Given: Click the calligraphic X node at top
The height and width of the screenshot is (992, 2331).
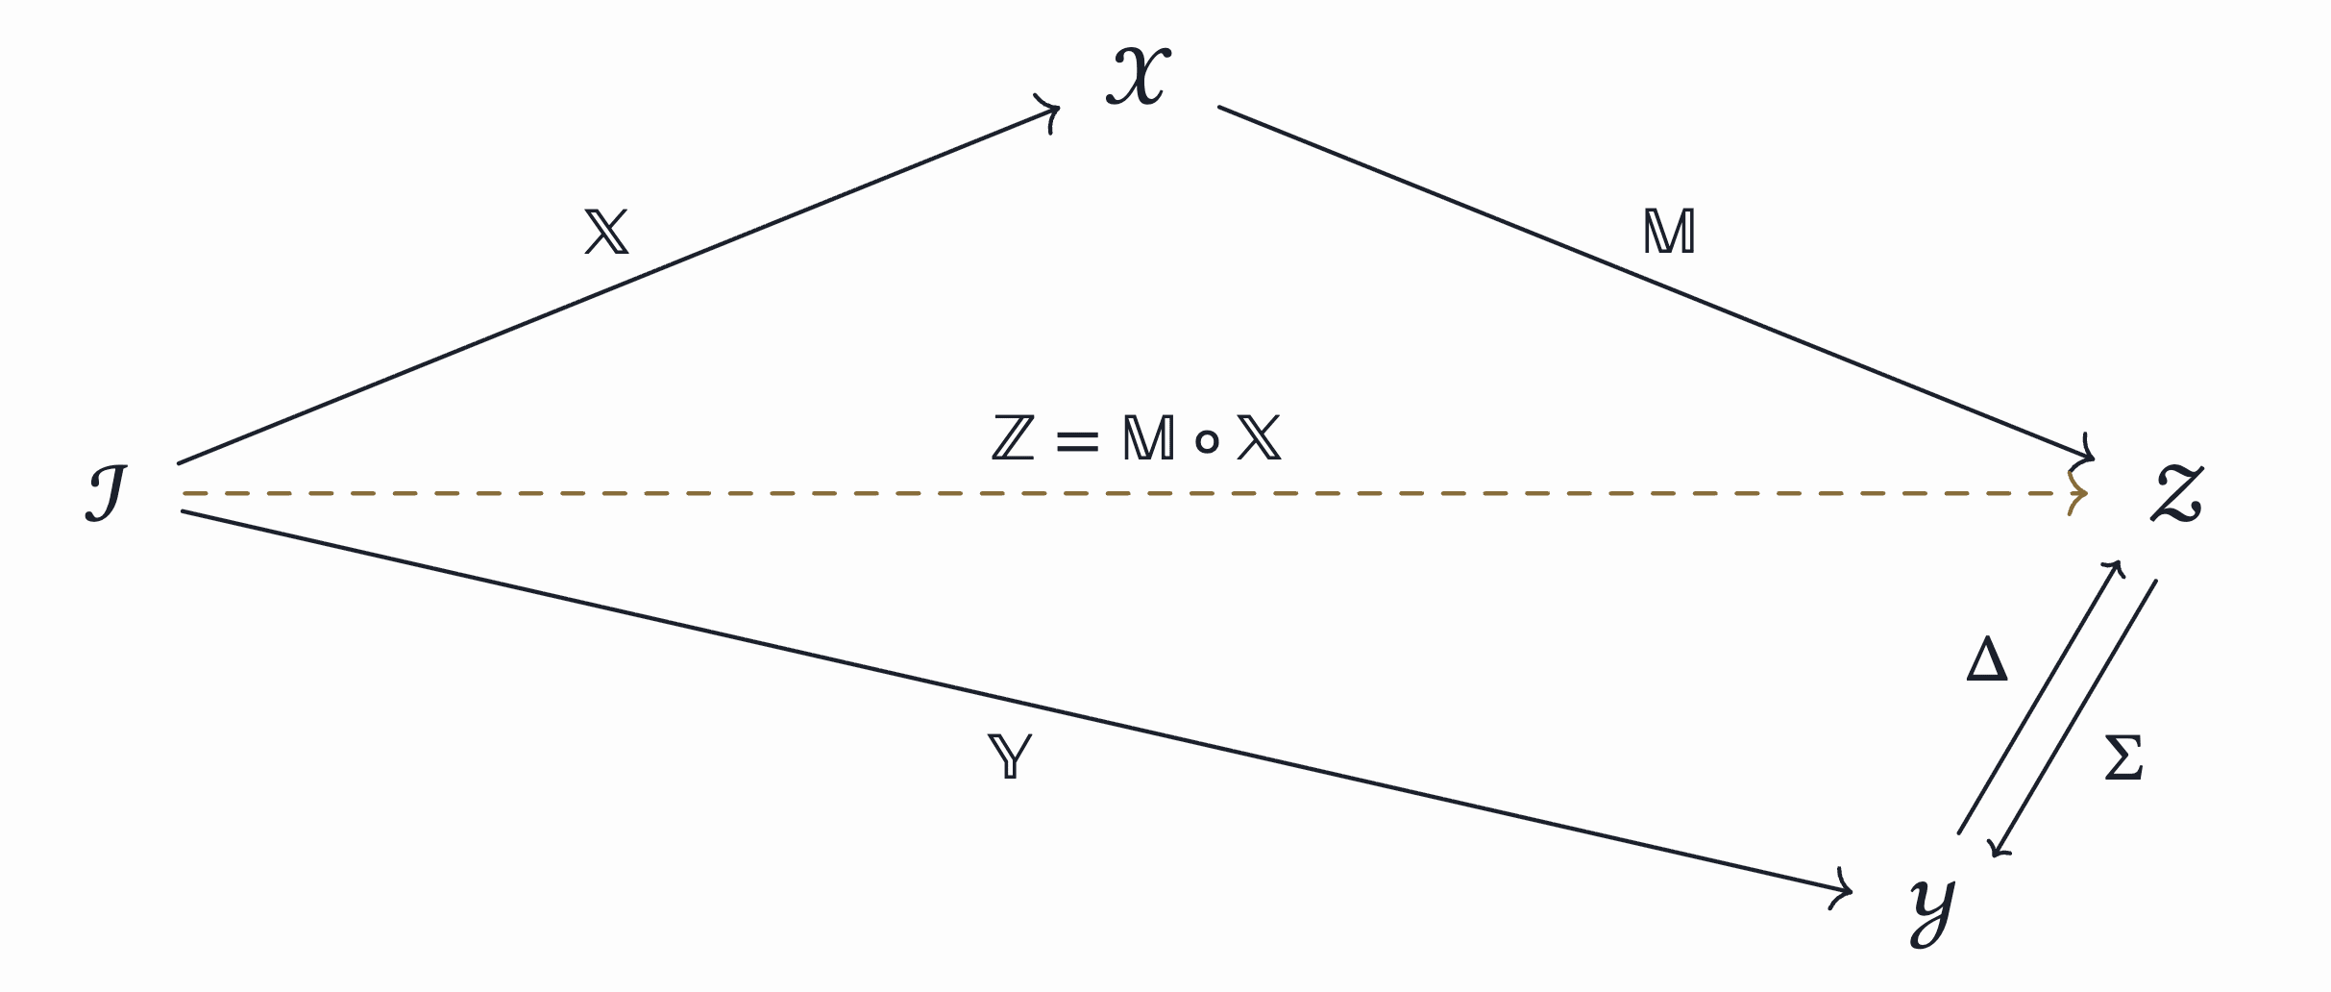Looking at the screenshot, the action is tap(1139, 75).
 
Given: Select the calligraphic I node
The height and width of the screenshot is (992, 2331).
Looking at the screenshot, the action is tap(107, 494).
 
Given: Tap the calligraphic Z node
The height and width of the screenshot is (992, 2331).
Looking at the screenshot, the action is tap(2176, 494).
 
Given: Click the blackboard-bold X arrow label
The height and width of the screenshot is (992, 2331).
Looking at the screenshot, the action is tap(606, 233).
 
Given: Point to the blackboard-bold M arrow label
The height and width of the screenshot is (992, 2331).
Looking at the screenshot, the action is tap(1669, 233).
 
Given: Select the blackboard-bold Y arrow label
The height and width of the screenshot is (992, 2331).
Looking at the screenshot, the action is tap(1010, 756).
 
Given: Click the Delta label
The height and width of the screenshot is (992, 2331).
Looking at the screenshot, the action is tap(1987, 661).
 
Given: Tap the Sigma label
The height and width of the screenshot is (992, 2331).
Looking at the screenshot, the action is tap(2123, 758).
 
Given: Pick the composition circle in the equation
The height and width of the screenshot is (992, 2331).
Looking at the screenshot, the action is tap(1207, 441).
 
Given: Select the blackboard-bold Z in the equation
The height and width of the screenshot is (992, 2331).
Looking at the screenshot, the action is tap(1014, 438).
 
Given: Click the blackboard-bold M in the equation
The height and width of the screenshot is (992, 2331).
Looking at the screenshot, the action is tap(1148, 438).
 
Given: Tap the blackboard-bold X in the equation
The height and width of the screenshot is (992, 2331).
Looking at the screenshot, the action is tap(1259, 438).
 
